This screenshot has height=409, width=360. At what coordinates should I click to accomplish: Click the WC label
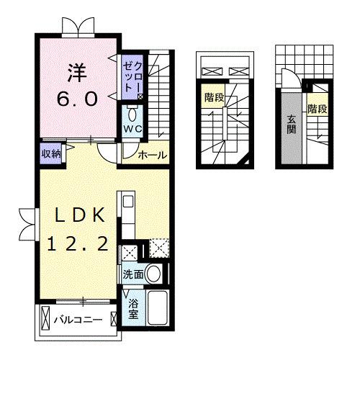133,129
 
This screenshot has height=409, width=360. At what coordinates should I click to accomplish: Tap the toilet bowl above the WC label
133,114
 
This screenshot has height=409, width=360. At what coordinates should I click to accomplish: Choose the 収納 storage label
50,153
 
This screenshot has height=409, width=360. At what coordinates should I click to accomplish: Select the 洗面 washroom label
132,274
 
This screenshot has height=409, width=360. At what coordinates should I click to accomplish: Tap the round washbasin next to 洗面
153,274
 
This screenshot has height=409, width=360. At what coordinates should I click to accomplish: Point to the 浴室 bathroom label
133,309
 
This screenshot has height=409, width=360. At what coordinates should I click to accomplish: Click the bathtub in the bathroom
156,309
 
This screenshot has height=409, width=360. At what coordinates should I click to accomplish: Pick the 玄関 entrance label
292,123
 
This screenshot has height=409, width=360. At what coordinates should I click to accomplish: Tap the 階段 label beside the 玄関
318,109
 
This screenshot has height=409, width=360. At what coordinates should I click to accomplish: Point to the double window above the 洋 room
76,26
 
